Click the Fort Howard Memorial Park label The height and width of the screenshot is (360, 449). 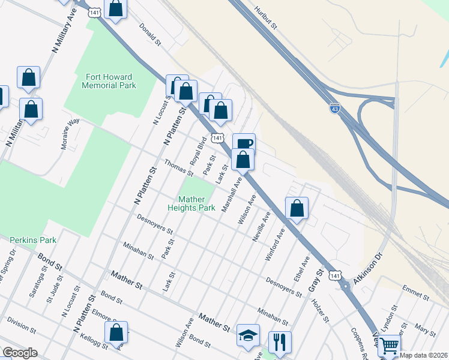(x=110, y=81)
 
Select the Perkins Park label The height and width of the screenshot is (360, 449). (x=33, y=240)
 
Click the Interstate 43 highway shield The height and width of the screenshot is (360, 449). (x=335, y=109)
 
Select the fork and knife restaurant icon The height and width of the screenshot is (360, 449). (x=279, y=342)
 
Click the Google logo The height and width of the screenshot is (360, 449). (x=20, y=353)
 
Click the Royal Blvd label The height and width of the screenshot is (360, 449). (x=197, y=154)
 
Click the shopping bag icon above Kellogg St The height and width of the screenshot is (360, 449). (x=116, y=332)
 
